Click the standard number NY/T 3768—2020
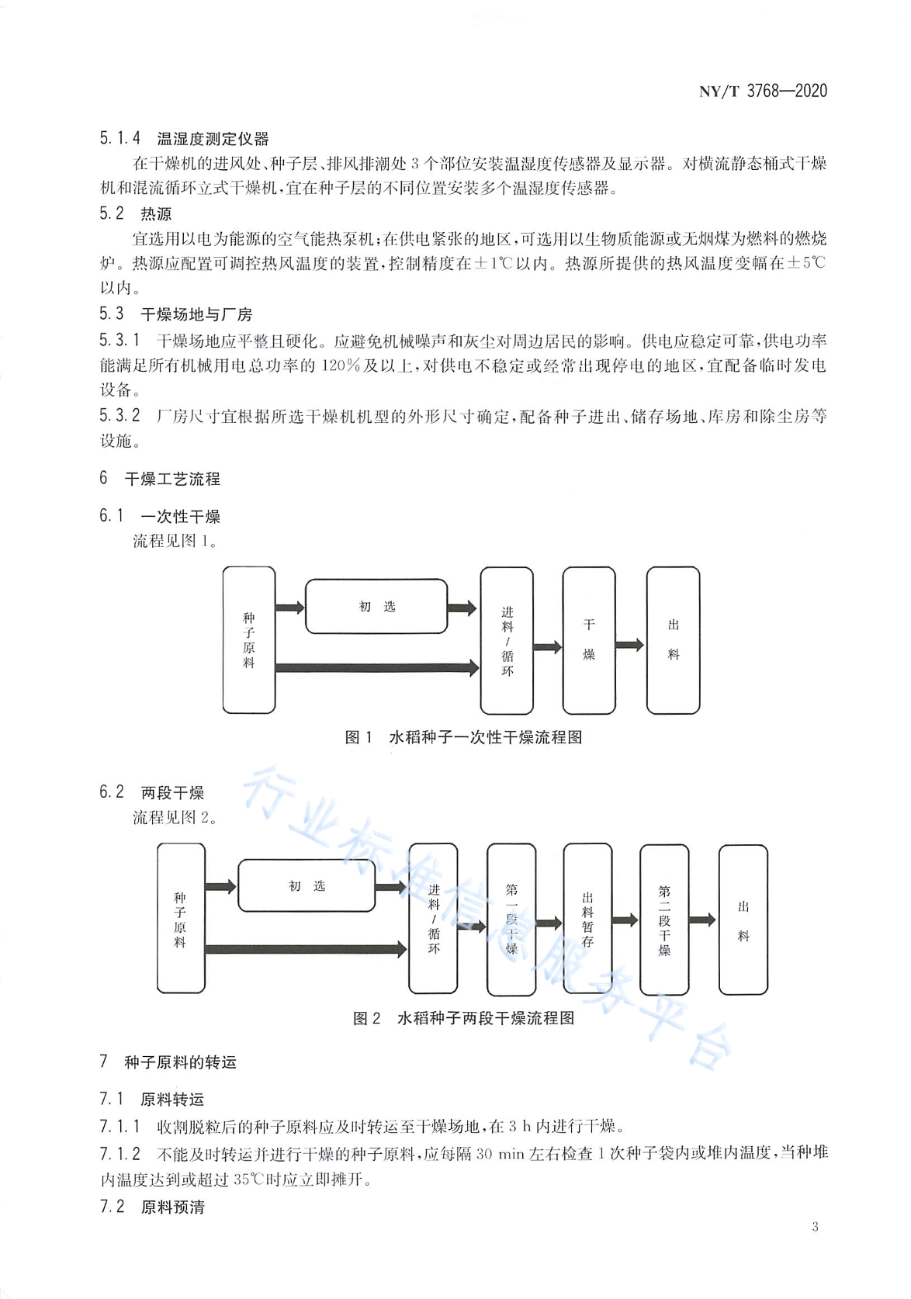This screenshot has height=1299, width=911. [763, 91]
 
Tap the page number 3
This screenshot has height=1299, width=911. [815, 1227]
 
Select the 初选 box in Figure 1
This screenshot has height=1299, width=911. [376, 606]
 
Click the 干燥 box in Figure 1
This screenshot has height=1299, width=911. [589, 640]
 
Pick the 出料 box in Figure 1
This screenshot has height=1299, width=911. [673, 640]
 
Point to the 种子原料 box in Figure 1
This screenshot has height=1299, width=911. [249, 640]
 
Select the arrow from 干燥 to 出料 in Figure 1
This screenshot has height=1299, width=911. [630, 645]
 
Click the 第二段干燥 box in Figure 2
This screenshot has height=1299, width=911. [664, 920]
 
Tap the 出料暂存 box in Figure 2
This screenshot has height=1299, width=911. [587, 920]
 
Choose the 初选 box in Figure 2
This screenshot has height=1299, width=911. [307, 885]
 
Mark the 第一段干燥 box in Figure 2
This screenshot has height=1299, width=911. [511, 920]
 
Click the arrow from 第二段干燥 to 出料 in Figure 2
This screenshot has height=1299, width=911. [702, 920]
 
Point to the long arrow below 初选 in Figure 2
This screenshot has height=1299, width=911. [306, 949]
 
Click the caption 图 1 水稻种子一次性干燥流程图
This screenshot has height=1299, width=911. [463, 738]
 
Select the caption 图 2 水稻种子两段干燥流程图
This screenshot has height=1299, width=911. [464, 1018]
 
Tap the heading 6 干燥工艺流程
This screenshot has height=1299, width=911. [160, 479]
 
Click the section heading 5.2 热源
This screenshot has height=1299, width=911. [136, 214]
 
